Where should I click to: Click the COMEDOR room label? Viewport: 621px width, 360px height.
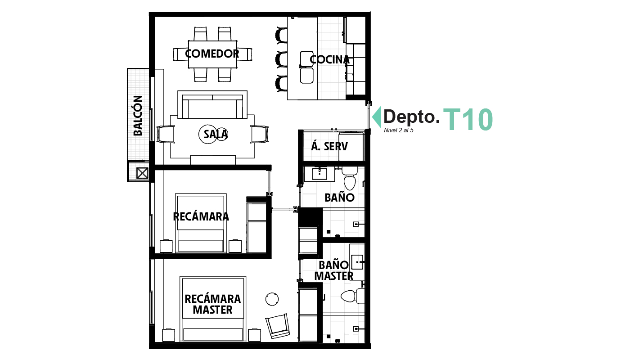(212, 54)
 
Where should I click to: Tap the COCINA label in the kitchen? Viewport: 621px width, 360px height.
(330, 60)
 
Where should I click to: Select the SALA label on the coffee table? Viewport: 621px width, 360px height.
(216, 134)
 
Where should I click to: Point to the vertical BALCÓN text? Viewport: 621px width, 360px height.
(138, 116)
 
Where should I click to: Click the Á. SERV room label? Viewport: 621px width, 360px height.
(329, 146)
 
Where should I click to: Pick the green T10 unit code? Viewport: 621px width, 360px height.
(468, 120)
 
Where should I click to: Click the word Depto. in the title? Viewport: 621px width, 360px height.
(411, 117)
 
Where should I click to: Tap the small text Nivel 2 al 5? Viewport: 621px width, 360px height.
(399, 130)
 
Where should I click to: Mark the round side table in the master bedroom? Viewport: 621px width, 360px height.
(272, 298)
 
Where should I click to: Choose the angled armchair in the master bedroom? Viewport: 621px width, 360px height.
(278, 325)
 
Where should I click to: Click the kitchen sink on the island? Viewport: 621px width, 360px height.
(307, 67)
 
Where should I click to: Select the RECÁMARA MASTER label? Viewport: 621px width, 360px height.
(212, 304)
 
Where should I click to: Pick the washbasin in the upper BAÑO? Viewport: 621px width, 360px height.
(320, 173)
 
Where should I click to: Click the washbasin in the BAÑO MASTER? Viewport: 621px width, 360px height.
(357, 260)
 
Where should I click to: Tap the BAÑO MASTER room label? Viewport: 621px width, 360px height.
(333, 270)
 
